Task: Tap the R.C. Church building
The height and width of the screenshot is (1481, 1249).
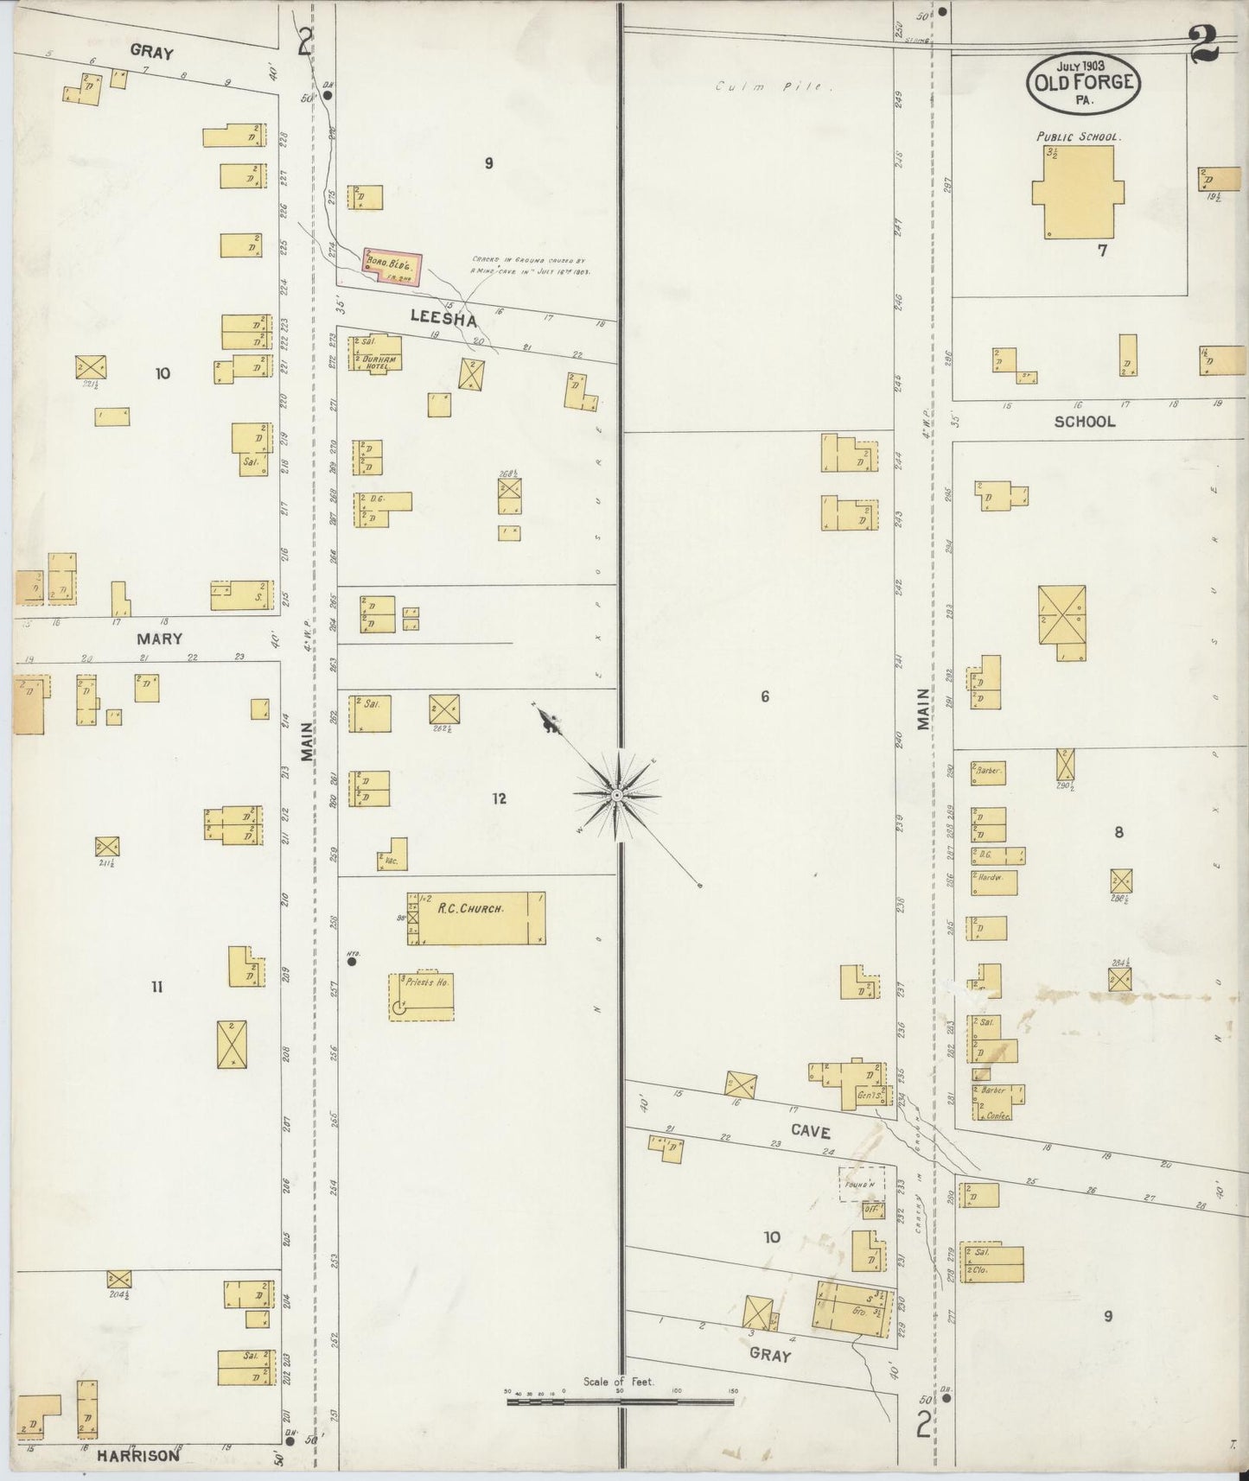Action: coord(476,918)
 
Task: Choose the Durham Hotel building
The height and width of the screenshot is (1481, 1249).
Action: coord(374,353)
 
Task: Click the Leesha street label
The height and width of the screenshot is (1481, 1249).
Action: coord(443,319)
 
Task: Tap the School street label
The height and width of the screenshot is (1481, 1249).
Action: coord(1084,422)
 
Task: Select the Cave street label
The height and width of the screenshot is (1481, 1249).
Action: coord(810,1131)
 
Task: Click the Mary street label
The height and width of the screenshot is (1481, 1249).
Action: coord(159,639)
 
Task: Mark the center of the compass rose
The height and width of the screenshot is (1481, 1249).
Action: coord(617,794)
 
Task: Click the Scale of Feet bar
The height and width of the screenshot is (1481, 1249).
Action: coord(620,1402)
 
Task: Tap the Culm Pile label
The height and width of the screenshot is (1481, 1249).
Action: coord(773,86)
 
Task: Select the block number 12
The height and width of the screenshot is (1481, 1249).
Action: coord(499,798)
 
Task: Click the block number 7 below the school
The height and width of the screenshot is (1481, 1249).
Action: coord(1101,251)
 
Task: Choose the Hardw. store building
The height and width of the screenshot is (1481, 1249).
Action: coord(993,882)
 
